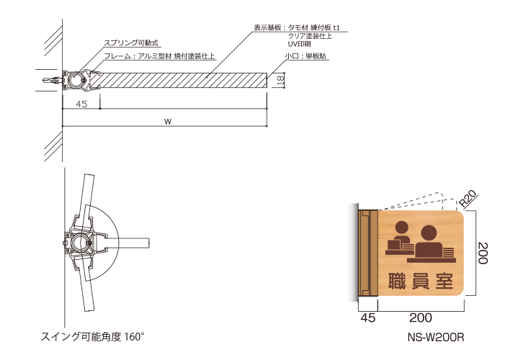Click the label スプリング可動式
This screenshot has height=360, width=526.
(x=130, y=43)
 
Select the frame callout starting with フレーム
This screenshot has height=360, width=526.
(x=159, y=56)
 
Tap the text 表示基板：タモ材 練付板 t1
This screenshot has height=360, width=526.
(x=297, y=27)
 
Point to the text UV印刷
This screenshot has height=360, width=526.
(x=299, y=44)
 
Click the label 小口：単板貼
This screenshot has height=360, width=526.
(x=306, y=56)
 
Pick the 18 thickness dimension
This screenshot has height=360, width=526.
(x=280, y=79)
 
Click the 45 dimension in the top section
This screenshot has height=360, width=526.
(x=81, y=104)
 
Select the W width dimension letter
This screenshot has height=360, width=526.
(x=168, y=122)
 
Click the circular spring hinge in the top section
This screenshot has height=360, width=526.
(x=76, y=81)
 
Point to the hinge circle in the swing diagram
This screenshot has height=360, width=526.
(x=79, y=243)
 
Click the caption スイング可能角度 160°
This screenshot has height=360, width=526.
(x=92, y=336)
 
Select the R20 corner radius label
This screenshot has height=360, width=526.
(x=467, y=199)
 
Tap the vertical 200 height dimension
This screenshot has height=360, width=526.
(x=483, y=253)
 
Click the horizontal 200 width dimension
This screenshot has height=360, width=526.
(x=421, y=318)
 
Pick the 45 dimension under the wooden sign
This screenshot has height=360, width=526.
(x=368, y=318)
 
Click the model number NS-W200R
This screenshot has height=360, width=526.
(x=436, y=337)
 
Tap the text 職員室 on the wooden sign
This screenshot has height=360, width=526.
(x=421, y=281)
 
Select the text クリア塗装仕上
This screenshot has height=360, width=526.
(x=310, y=36)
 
